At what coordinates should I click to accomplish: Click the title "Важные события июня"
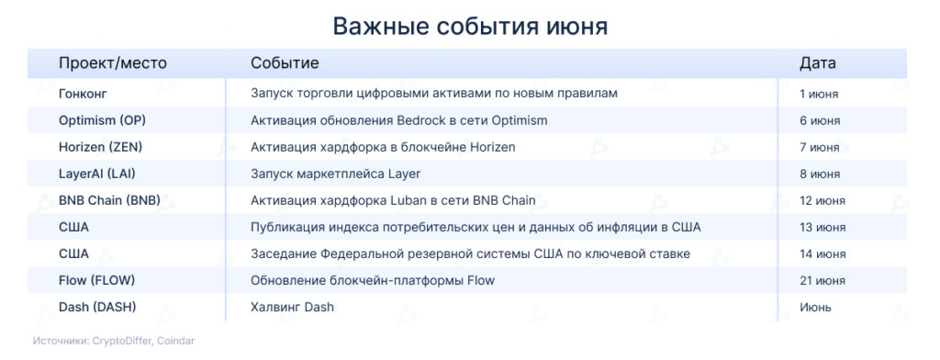point(470,27)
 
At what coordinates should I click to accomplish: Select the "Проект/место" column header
point(113,63)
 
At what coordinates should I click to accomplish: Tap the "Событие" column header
point(285,63)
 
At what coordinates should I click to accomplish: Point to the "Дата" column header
point(818,63)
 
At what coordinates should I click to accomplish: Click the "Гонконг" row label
point(83,94)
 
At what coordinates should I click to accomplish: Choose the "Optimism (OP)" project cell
point(102,120)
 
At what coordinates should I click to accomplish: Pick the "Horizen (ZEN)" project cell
point(101,147)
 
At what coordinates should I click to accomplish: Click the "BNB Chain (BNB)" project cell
point(110,200)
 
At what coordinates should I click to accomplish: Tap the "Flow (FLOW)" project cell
point(96,280)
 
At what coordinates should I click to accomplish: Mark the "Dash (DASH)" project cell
point(97,308)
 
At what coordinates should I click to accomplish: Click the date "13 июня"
point(822,228)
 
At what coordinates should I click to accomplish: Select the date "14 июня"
point(822,254)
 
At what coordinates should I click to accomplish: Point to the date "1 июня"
point(819,95)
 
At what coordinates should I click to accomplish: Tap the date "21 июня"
point(822,281)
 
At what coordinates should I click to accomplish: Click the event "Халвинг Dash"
point(292,308)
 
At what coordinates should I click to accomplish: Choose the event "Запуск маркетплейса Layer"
point(336,174)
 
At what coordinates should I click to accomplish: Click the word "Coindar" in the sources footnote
point(178,341)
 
